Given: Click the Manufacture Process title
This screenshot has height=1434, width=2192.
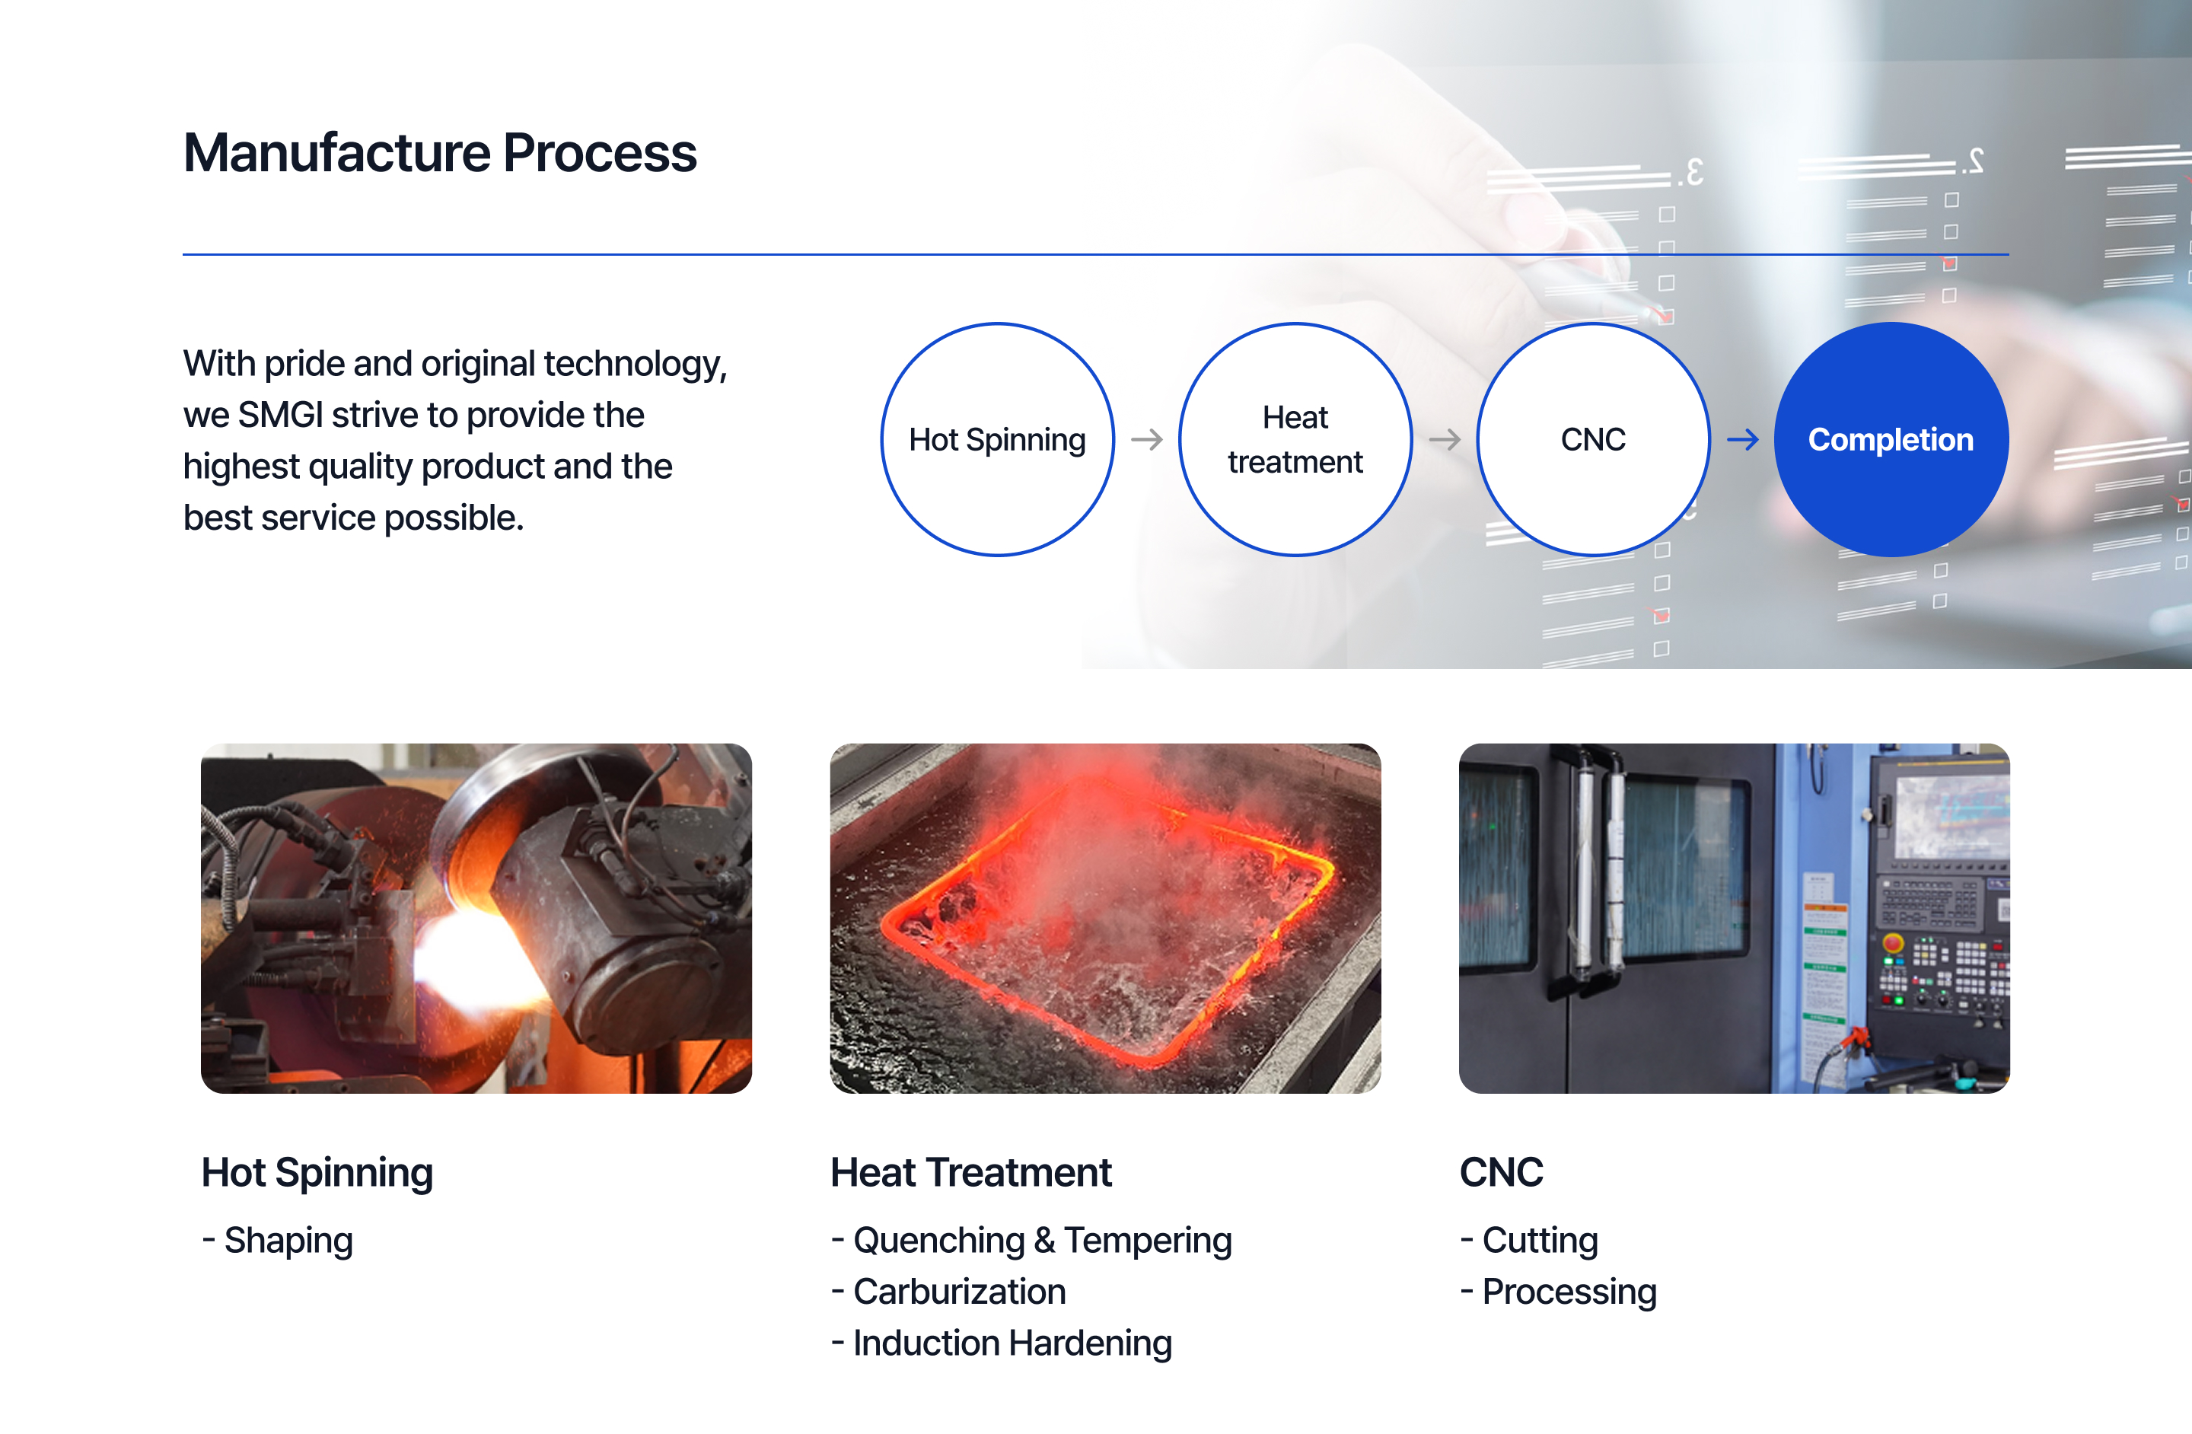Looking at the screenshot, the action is point(440,153).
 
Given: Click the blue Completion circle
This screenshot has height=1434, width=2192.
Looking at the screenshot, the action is point(1891,439).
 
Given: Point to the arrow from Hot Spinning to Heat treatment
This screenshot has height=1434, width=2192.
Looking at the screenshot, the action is point(1147,439).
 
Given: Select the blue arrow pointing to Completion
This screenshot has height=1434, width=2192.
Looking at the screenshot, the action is point(1742,439).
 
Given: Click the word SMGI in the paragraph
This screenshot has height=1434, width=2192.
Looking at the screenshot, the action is point(280,416).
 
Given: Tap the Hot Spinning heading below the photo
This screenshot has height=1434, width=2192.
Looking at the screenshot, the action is point(317,1172).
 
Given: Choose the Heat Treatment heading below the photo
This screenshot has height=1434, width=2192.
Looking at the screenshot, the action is point(970,1172).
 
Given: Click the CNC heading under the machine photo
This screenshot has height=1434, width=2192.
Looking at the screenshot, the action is point(1501,1172).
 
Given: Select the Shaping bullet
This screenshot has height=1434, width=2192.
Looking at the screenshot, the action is point(277,1241).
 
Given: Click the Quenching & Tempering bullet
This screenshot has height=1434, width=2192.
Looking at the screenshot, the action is point(1031,1241).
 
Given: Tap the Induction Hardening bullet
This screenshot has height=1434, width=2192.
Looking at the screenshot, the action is point(1001,1343).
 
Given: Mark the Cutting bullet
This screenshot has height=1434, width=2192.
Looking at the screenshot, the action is point(1529,1241).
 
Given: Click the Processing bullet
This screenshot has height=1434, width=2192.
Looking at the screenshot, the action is point(1558,1292).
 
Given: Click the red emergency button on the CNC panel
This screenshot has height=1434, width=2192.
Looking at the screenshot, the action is point(1893,943).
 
